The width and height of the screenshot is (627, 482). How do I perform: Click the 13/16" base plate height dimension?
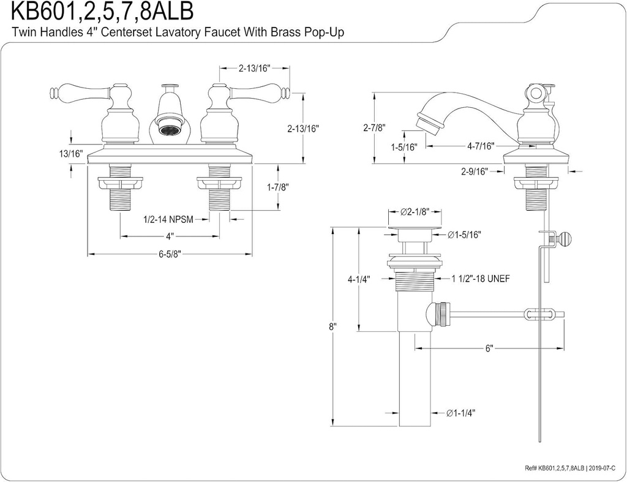pyautogui.click(x=71, y=154)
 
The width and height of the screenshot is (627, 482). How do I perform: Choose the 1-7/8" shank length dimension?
pyautogui.click(x=277, y=187)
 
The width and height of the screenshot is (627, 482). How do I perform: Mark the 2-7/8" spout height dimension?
pyautogui.click(x=373, y=128)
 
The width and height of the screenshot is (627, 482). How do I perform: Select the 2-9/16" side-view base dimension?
pyautogui.click(x=474, y=171)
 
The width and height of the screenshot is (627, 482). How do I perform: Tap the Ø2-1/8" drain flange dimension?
pyautogui.click(x=413, y=212)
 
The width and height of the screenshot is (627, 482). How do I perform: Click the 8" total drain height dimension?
pyautogui.click(x=332, y=326)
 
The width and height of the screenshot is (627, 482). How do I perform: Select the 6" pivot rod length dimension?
pyautogui.click(x=489, y=348)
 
